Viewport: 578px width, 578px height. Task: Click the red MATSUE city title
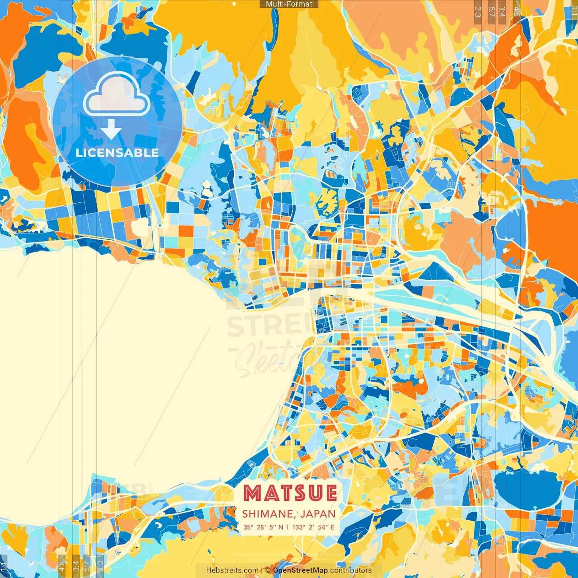point(290,493)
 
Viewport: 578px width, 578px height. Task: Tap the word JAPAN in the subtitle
point(318,514)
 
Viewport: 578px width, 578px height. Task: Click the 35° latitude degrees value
point(248,527)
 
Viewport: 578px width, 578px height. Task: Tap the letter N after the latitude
point(281,527)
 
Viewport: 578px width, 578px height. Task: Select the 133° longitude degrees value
point(298,527)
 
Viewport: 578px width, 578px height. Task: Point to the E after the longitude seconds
point(333,527)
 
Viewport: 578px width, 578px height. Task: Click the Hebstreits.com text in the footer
point(232,570)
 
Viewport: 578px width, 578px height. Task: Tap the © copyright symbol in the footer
point(267,570)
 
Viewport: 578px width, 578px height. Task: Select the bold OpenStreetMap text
point(300,570)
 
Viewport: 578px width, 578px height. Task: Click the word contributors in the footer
point(351,570)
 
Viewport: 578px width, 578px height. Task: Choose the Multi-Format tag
point(289,4)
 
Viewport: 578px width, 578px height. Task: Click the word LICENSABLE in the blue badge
point(117,153)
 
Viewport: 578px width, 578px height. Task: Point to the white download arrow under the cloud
point(111,130)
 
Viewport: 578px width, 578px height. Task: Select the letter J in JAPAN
point(303,514)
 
